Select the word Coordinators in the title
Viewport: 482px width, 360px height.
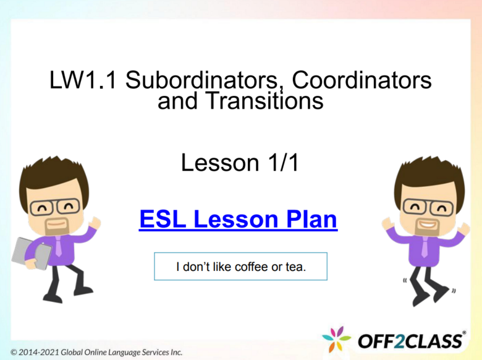[361, 81]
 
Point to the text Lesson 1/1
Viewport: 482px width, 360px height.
[240, 163]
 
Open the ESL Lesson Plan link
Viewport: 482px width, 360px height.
[239, 219]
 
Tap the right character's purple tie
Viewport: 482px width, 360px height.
[425, 244]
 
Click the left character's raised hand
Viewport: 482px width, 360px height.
[95, 221]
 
